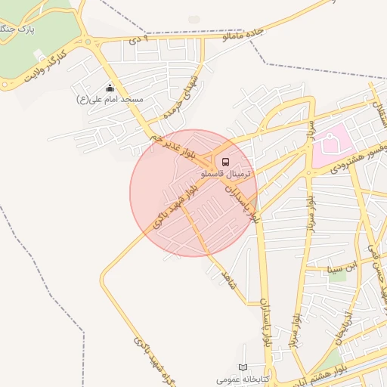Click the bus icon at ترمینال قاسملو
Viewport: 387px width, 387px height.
point(224,161)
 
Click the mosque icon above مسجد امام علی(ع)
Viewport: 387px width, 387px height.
point(110,88)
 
